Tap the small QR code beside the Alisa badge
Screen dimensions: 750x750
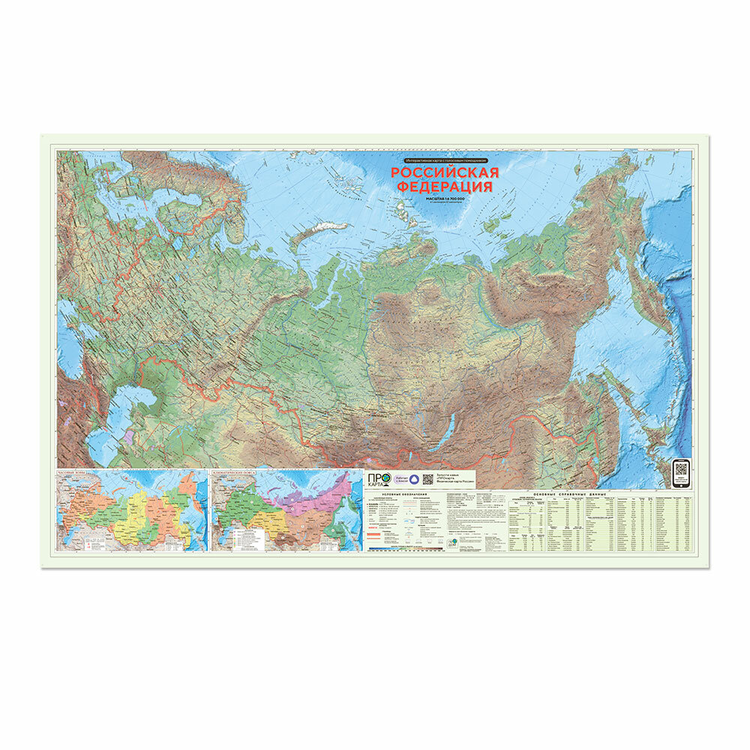427,480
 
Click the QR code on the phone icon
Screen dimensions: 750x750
680,469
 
